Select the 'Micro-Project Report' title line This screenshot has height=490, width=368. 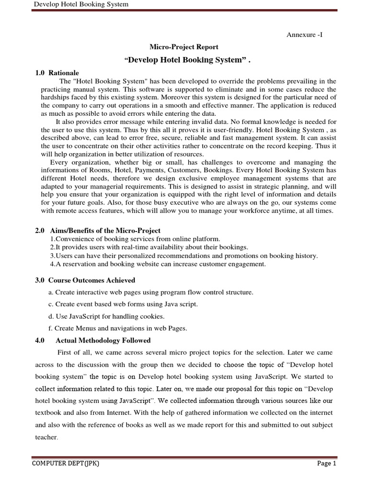pos(184,47)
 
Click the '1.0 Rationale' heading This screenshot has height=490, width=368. pos(57,73)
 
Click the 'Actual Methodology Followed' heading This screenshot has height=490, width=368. pos(103,340)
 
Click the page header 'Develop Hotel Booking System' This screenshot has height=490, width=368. pos(80,5)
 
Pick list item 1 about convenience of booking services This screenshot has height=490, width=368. pos(135,239)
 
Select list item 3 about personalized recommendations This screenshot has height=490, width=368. pos(184,256)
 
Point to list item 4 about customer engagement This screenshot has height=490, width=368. pos(158,264)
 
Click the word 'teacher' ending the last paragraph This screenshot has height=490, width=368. pos(47,437)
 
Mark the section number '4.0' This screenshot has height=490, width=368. pos(40,340)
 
